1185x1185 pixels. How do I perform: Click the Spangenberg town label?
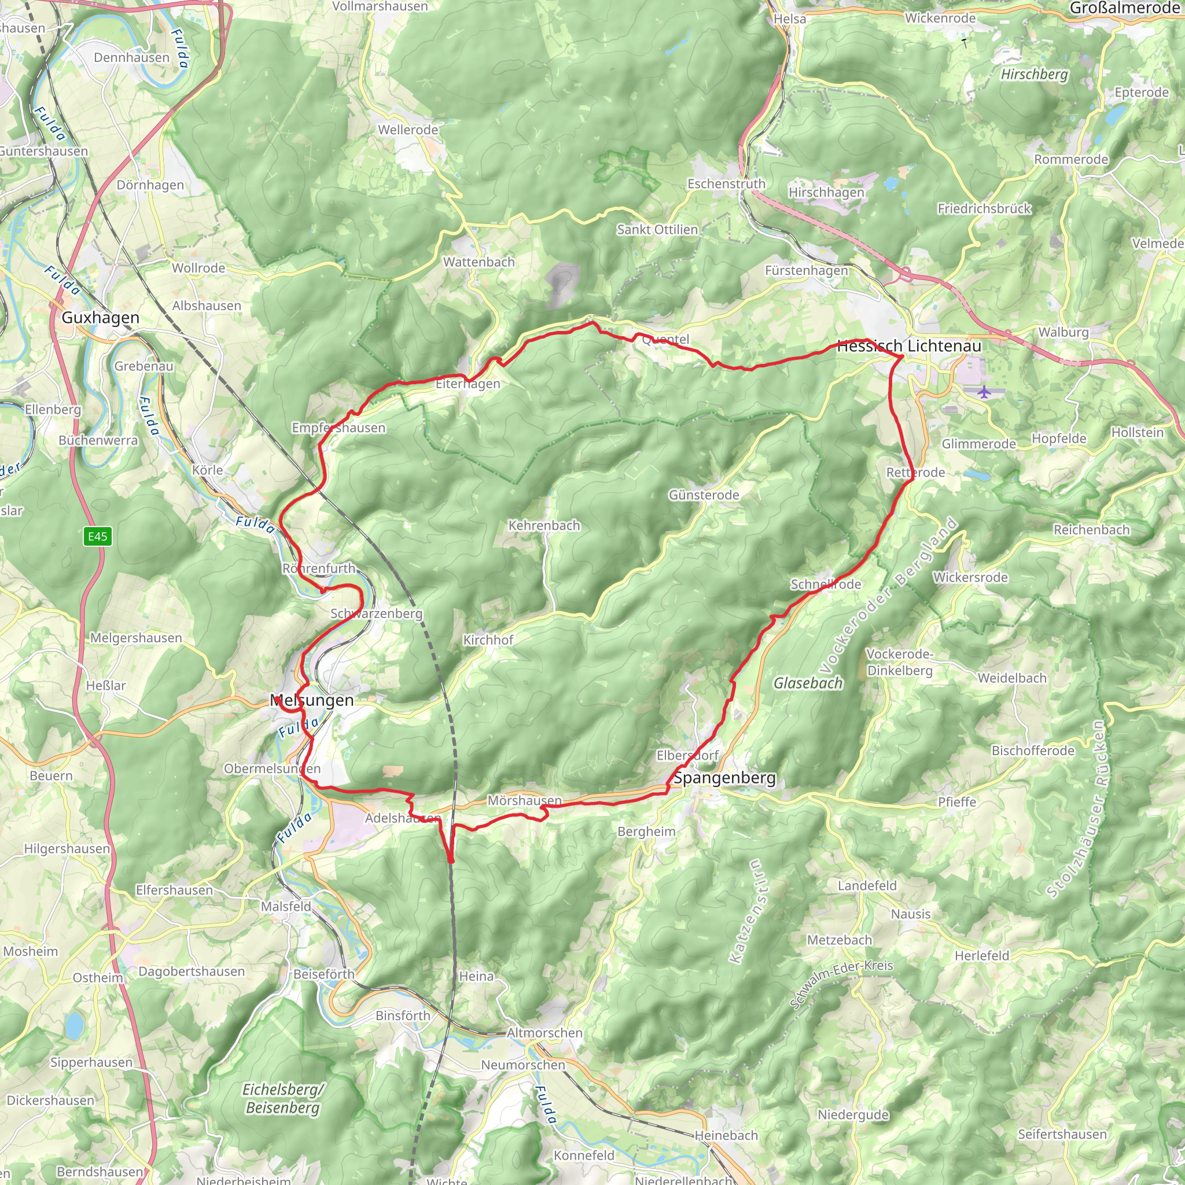(x=724, y=778)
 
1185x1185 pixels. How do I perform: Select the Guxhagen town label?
(x=101, y=318)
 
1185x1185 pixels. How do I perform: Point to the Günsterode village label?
(x=704, y=494)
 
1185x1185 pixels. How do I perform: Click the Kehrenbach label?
(x=544, y=525)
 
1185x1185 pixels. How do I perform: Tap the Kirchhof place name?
(x=488, y=640)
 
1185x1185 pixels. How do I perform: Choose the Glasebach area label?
(x=808, y=683)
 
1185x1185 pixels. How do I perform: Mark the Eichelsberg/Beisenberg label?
(x=282, y=1099)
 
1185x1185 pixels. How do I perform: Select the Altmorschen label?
(x=544, y=1033)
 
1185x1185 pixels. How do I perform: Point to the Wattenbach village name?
(x=479, y=262)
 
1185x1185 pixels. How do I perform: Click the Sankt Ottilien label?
(x=657, y=229)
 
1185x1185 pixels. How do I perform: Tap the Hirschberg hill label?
(x=1034, y=74)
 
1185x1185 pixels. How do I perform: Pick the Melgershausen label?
(x=135, y=638)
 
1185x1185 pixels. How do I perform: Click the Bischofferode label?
(x=1033, y=750)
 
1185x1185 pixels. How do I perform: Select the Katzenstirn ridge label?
(x=745, y=911)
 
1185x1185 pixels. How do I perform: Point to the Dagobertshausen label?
(x=192, y=971)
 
